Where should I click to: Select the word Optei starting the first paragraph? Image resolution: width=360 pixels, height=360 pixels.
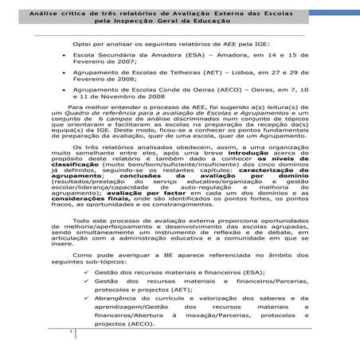81,45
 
